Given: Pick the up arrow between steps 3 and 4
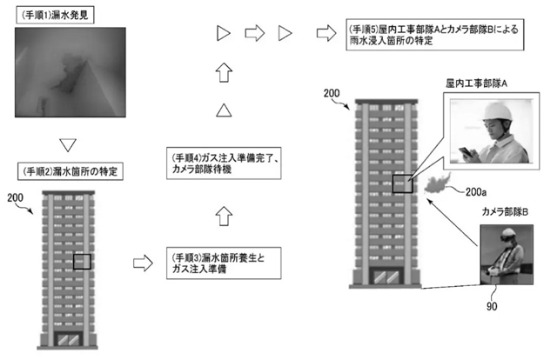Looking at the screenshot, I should point(225,211).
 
